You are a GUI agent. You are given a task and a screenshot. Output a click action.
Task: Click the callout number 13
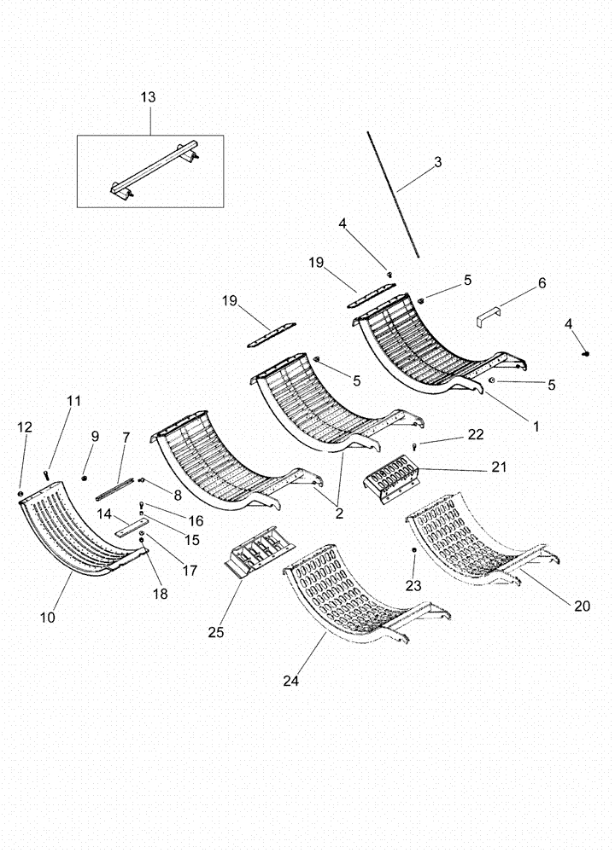pyautogui.click(x=148, y=98)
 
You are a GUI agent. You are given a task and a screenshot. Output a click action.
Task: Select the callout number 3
pyautogui.click(x=437, y=161)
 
